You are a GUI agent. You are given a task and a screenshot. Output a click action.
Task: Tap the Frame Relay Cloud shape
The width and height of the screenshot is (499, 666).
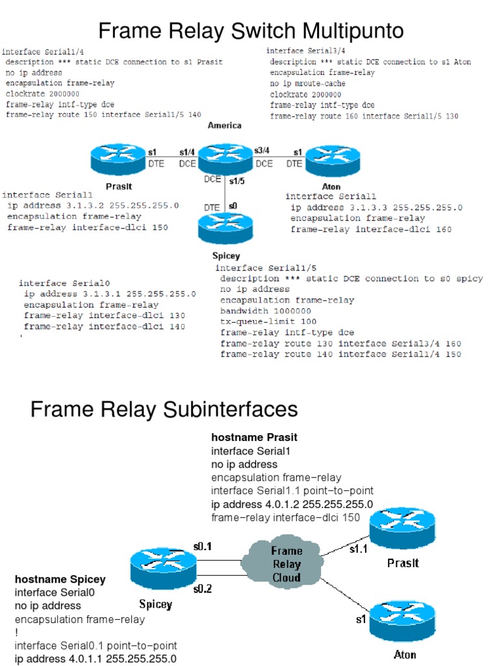(x=286, y=564)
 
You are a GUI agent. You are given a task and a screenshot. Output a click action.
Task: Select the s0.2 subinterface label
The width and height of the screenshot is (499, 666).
(x=202, y=589)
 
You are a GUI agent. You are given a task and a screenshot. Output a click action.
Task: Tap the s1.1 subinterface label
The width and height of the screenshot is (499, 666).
(x=358, y=550)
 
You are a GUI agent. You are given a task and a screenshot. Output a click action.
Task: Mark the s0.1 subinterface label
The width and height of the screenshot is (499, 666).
(x=202, y=546)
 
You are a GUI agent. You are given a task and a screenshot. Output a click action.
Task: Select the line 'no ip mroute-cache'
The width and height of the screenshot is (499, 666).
(x=308, y=83)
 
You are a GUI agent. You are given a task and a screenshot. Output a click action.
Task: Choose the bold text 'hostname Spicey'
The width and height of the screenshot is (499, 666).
(x=60, y=579)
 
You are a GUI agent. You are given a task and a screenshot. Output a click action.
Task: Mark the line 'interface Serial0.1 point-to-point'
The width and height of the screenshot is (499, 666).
(x=96, y=645)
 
